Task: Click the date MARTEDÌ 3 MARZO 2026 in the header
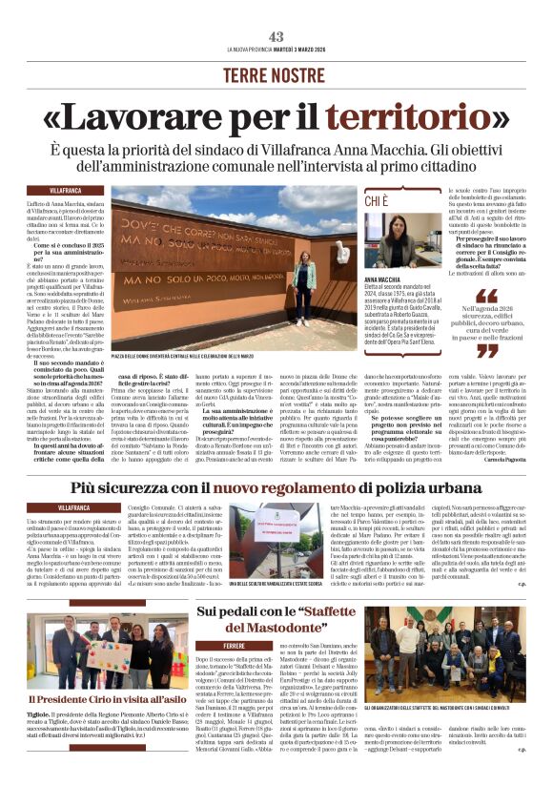coord(302,50)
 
